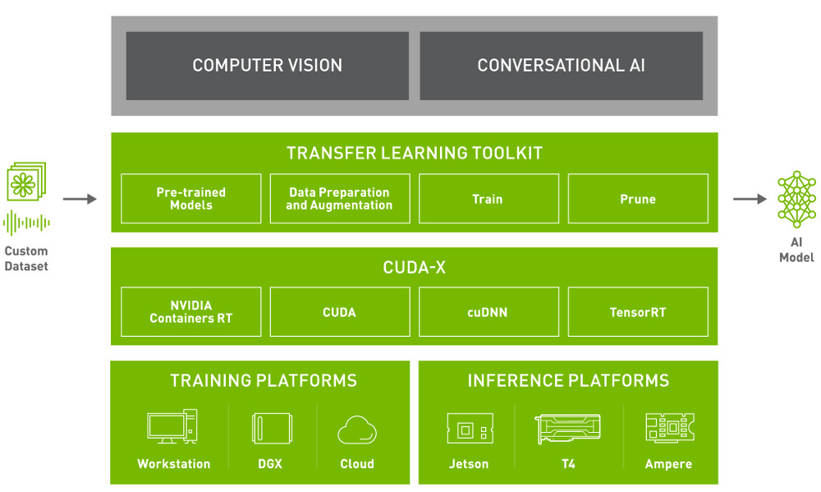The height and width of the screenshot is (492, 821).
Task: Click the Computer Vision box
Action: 267,66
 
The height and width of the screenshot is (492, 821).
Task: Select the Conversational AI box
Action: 561,66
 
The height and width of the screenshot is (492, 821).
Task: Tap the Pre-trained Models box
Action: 190,199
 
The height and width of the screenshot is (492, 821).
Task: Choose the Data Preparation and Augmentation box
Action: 339,199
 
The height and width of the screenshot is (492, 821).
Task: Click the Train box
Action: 488,199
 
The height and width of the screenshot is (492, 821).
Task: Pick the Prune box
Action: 637,199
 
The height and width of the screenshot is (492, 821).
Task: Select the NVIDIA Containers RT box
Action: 190,312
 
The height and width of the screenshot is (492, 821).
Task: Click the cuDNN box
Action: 488,312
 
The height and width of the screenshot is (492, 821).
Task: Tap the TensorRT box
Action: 637,312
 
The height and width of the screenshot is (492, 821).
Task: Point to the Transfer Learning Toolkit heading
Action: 415,154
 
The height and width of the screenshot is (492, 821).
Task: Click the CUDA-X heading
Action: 415,268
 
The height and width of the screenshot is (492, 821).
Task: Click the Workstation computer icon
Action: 172,428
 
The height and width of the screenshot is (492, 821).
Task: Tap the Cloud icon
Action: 357,430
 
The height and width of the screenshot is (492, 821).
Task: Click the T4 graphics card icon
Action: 567,430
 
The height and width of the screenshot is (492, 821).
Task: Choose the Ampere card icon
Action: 668,430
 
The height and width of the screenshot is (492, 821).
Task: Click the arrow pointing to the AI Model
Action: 750,199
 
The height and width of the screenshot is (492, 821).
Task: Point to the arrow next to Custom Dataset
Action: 80,199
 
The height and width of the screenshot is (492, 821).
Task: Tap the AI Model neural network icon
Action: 796,199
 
